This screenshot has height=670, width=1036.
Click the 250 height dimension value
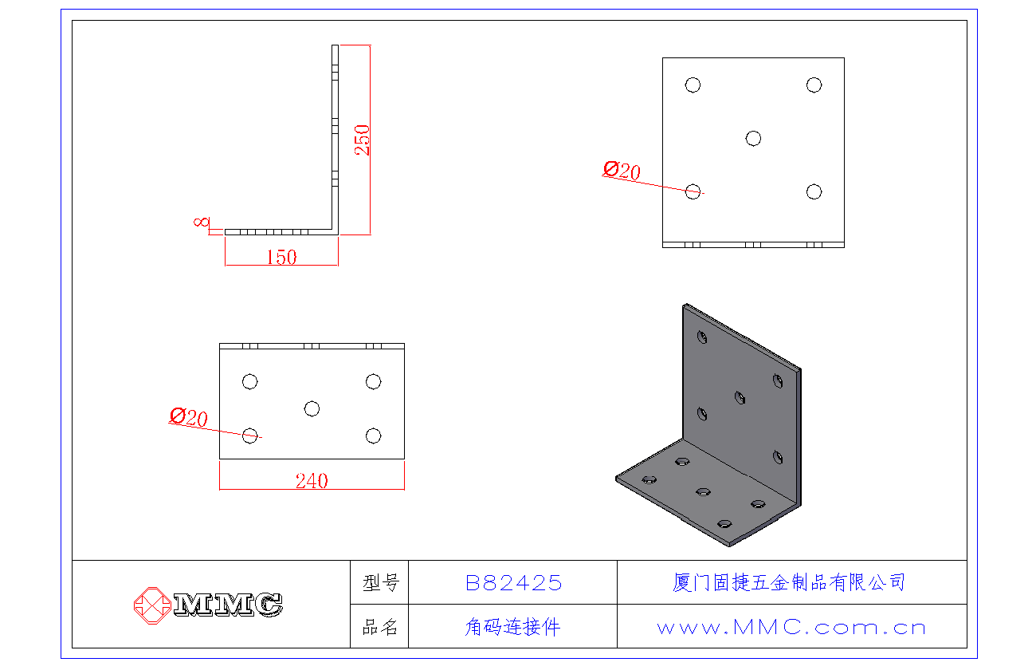point(362,140)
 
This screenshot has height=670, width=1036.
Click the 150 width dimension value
point(281,258)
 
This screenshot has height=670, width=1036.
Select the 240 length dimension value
point(312,481)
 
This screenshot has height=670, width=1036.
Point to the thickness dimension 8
point(201,223)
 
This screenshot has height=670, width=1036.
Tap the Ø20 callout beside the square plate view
point(622,171)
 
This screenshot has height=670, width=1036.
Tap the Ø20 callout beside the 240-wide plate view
point(189,416)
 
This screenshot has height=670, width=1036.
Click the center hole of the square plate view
point(753,139)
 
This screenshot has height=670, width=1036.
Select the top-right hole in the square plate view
point(814,85)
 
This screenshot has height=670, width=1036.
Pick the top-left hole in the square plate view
point(693,85)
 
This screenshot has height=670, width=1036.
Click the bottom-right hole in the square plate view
point(814,191)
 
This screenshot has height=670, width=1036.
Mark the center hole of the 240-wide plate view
point(312,409)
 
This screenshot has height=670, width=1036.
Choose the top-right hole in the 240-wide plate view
point(373,382)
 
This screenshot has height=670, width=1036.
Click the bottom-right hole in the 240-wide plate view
point(373,436)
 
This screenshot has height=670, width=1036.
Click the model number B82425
point(513,583)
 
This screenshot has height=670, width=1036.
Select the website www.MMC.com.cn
point(791,628)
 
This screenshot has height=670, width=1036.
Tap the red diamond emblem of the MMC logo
point(152,605)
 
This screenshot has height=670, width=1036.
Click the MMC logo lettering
point(228,605)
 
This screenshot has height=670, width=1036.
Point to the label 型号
point(380,583)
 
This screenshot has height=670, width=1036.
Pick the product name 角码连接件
point(512,628)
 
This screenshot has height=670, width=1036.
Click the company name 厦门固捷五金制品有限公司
point(789,582)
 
